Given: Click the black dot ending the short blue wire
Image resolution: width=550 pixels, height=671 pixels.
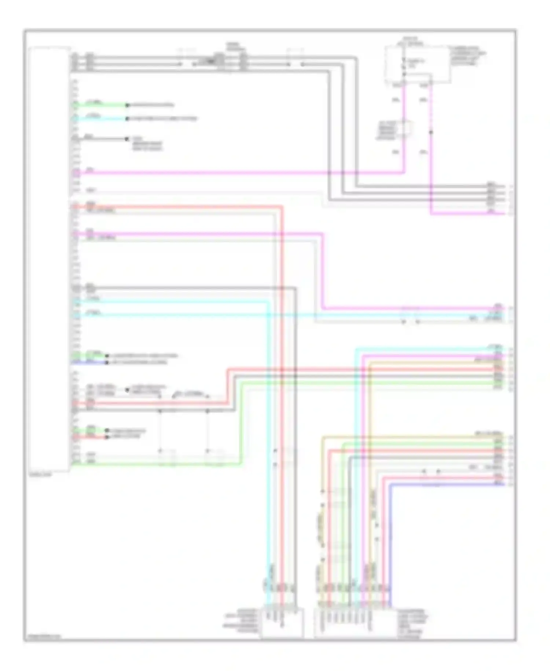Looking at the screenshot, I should [107, 363].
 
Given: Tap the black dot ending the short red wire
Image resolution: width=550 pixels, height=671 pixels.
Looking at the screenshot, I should [107, 437].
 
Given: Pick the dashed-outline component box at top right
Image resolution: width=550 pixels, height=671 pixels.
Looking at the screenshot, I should [417, 65].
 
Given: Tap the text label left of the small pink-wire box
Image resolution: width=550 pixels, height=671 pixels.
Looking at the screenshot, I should [387, 130].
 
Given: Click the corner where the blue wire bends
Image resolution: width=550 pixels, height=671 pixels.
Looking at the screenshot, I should [390, 485].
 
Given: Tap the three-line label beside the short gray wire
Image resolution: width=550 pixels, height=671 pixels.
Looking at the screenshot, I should [147, 144].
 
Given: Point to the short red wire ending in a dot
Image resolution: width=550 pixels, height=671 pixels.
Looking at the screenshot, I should [90, 437].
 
